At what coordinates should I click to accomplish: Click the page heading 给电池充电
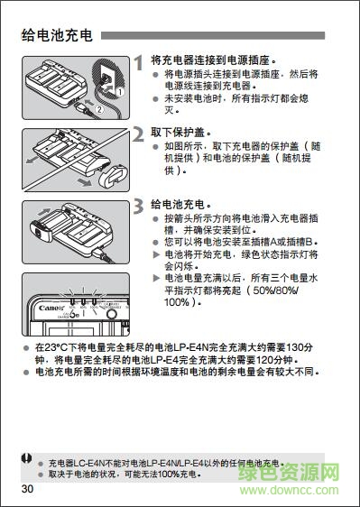pos(56,36)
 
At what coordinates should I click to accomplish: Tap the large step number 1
pos(139,64)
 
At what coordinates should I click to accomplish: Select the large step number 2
pos(139,136)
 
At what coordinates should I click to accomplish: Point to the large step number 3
pos(139,207)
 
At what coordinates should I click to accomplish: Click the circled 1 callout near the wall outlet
pos(120,92)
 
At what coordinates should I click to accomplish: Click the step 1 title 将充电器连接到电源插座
pos(213,59)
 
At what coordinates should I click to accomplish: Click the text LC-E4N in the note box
pos(92,462)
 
